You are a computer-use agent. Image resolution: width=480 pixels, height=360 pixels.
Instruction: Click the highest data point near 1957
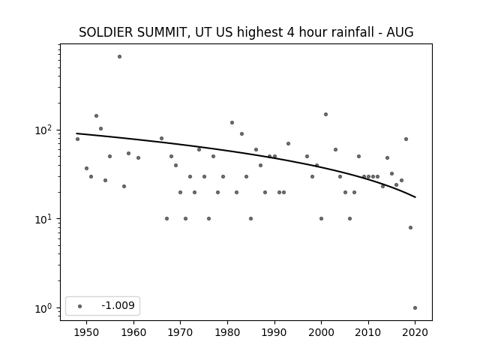(119, 57)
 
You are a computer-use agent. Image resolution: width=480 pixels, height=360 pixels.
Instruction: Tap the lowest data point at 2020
(415, 308)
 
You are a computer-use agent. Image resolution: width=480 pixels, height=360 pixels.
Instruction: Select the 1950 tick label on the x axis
(87, 332)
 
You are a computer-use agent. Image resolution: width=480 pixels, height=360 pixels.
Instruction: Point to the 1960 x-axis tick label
(133, 332)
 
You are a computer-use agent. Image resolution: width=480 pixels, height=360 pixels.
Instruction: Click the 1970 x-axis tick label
(180, 332)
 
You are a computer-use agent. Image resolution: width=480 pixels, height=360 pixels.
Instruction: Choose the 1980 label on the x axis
(227, 332)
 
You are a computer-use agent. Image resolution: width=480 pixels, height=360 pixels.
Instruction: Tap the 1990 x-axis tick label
(274, 332)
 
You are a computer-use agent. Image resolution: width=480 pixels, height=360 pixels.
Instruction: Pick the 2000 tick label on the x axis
(321, 332)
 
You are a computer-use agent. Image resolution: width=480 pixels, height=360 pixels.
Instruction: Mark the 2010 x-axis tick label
(368, 332)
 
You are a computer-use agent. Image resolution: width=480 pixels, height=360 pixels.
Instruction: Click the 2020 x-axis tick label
(415, 332)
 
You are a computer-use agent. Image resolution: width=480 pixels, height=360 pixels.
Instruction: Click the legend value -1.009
(118, 305)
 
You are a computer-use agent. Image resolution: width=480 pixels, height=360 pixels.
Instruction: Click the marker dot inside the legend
(80, 306)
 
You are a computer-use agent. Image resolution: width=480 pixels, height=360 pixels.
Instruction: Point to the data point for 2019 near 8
(410, 227)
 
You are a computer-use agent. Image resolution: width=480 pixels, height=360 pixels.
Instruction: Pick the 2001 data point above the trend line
(325, 115)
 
